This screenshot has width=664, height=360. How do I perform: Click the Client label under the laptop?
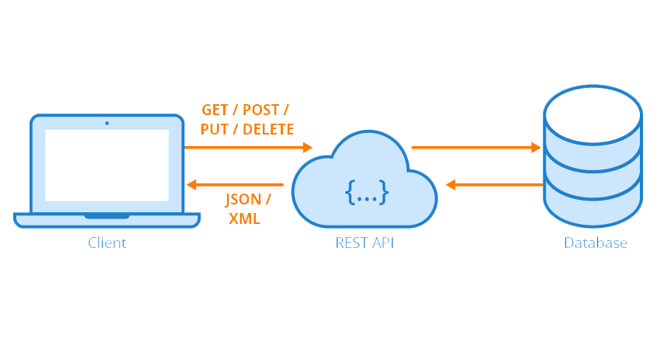click(x=107, y=243)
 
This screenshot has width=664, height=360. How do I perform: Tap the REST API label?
click(x=365, y=243)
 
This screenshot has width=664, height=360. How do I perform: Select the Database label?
click(x=596, y=243)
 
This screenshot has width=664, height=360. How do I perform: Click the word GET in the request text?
click(x=215, y=109)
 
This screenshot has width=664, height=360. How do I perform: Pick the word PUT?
click(x=214, y=128)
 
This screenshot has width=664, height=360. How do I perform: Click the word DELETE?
click(x=268, y=128)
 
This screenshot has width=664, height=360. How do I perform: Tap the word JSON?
click(x=243, y=199)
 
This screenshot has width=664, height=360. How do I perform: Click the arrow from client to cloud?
click(x=248, y=146)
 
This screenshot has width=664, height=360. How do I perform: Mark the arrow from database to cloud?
click(x=494, y=185)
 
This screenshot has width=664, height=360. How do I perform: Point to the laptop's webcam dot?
click(x=107, y=123)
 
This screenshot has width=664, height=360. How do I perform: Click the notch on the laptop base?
click(x=107, y=215)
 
